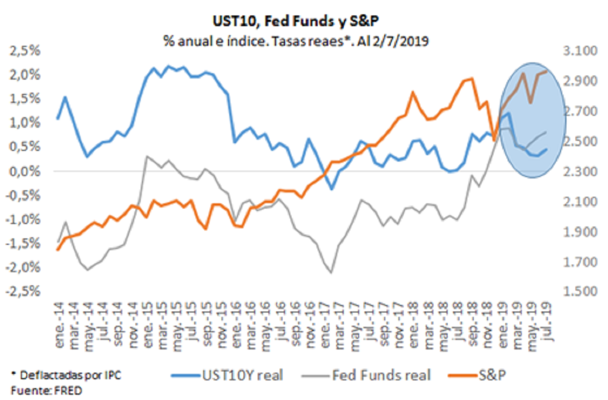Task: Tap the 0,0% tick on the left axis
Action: (x=27, y=171)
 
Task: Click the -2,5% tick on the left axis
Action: (x=25, y=292)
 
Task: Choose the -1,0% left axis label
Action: (x=25, y=219)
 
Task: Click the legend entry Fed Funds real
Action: (x=380, y=374)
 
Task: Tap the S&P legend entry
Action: (x=494, y=374)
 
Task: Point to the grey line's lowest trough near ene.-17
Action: (x=331, y=272)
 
